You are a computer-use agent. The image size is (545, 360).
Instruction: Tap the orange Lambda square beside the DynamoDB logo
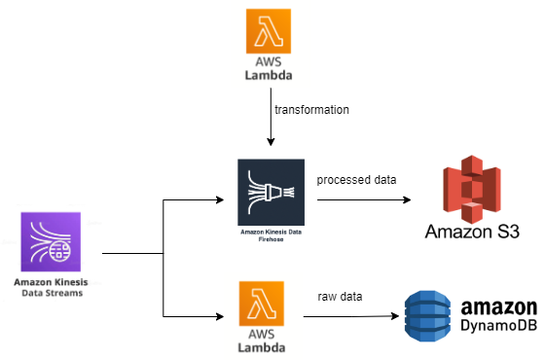tap(263, 303)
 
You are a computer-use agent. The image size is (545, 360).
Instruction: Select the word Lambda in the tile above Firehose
tap(270, 74)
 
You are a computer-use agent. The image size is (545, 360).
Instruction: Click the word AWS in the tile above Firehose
tap(270, 60)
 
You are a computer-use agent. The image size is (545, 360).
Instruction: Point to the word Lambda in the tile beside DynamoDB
tap(263, 347)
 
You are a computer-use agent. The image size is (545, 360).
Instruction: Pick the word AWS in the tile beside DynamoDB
tap(263, 334)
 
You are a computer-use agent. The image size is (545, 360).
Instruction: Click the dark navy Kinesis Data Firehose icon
tap(271, 192)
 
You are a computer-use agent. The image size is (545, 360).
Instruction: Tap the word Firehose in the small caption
tap(271, 239)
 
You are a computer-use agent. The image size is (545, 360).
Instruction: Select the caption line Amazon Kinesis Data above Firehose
tap(271, 232)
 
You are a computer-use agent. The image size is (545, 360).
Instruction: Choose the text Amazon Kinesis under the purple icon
tap(50, 282)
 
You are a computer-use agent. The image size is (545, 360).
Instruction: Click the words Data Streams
tap(50, 292)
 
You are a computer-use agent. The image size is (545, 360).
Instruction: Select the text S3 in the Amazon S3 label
tap(506, 232)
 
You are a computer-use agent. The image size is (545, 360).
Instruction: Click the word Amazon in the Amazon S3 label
tap(456, 232)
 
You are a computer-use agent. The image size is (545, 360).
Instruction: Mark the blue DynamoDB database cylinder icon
tap(429, 315)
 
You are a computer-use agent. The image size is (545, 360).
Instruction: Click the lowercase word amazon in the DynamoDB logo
tap(499, 307)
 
